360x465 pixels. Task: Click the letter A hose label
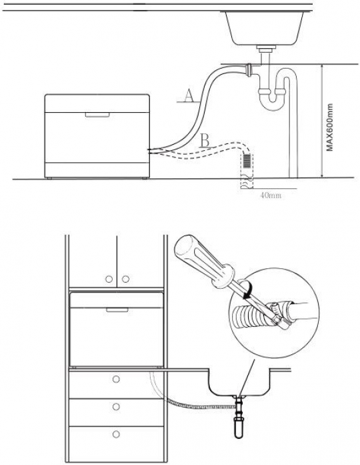point(189,96)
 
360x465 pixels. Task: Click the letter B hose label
point(205,140)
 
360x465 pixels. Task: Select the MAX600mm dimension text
point(330,127)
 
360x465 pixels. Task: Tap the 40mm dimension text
point(271,195)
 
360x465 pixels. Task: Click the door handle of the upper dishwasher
point(97,115)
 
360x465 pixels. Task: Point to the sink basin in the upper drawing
point(265,28)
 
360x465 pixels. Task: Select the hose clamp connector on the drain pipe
point(249,69)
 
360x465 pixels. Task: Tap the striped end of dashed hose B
point(247,161)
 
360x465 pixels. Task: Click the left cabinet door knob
point(109,279)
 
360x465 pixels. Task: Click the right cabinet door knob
point(125,279)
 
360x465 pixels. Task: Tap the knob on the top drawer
point(116,379)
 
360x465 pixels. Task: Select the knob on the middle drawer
point(116,406)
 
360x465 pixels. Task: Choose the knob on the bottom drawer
point(116,434)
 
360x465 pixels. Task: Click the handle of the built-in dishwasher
point(117,310)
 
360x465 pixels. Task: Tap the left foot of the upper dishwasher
point(49,178)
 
